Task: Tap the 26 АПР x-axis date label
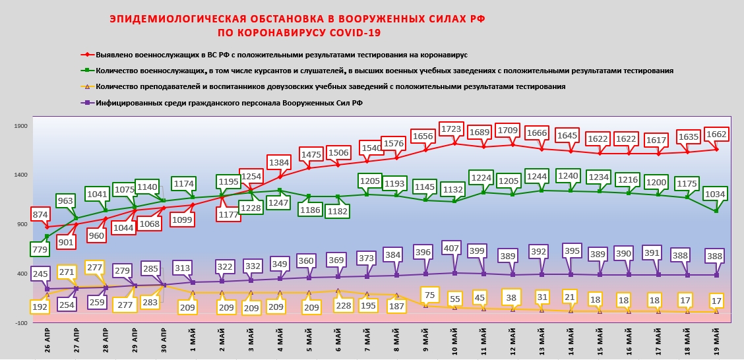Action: click(x=46, y=341)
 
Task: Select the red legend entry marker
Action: click(x=86, y=55)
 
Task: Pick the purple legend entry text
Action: click(x=229, y=103)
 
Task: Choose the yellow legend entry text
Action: click(x=330, y=86)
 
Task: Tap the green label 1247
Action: click(x=279, y=202)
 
